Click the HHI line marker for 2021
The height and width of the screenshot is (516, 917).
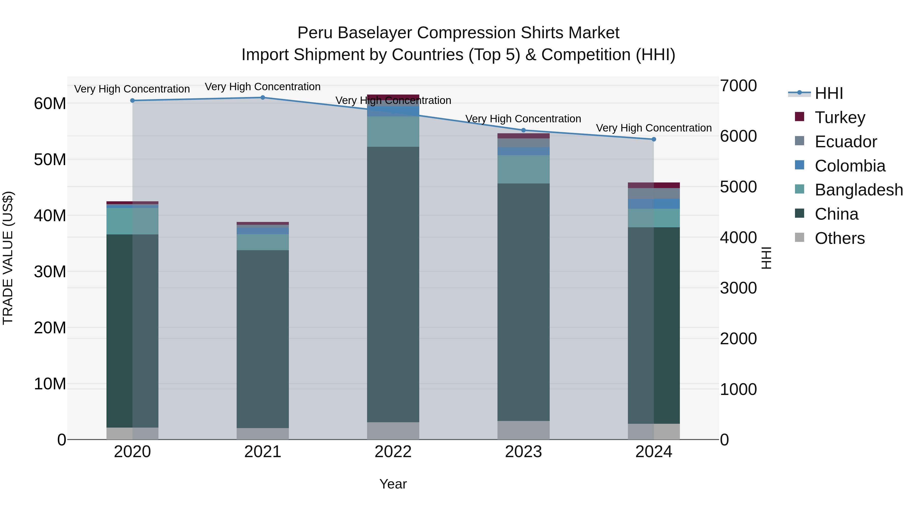point(263,98)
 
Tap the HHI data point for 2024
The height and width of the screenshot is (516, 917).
point(654,139)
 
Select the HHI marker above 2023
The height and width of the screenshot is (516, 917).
point(523,130)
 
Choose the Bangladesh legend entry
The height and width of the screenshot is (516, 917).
point(849,190)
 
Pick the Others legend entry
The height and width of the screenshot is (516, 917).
point(829,238)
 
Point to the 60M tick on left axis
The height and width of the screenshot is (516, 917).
point(50,104)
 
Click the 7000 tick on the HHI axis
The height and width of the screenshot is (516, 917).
point(738,86)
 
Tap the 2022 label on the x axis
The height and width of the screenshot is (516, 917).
point(393,452)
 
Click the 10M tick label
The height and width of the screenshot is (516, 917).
point(50,384)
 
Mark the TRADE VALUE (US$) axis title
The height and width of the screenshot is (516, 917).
point(8,258)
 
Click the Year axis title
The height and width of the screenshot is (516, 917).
point(393,484)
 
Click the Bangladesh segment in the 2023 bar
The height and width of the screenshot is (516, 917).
point(523,169)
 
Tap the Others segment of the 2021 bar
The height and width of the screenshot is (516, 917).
point(263,434)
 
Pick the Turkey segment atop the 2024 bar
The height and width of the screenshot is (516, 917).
point(654,185)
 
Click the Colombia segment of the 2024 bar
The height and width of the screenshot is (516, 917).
point(654,204)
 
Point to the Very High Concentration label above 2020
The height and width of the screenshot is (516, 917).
point(132,89)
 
